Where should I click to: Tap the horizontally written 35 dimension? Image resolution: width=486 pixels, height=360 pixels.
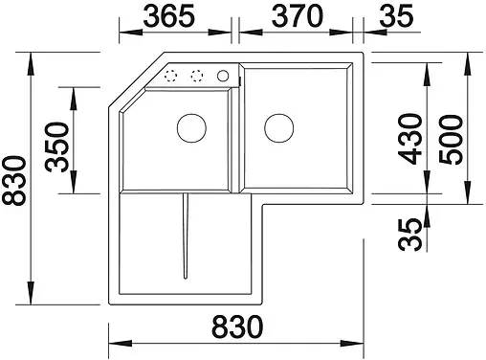(393, 16)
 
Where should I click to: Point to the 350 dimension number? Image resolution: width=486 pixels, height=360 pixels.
(56, 146)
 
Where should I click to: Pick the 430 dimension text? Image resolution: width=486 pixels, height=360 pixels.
(412, 140)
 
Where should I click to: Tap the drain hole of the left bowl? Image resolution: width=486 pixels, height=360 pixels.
(190, 126)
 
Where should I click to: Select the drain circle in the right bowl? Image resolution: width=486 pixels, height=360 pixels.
(278, 126)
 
